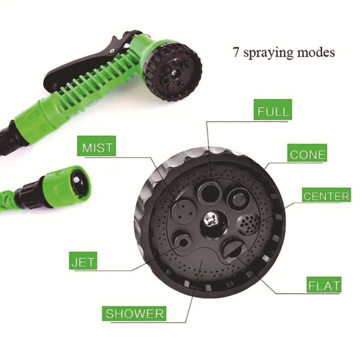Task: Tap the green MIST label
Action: (97, 148)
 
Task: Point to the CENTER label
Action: (326, 197)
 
